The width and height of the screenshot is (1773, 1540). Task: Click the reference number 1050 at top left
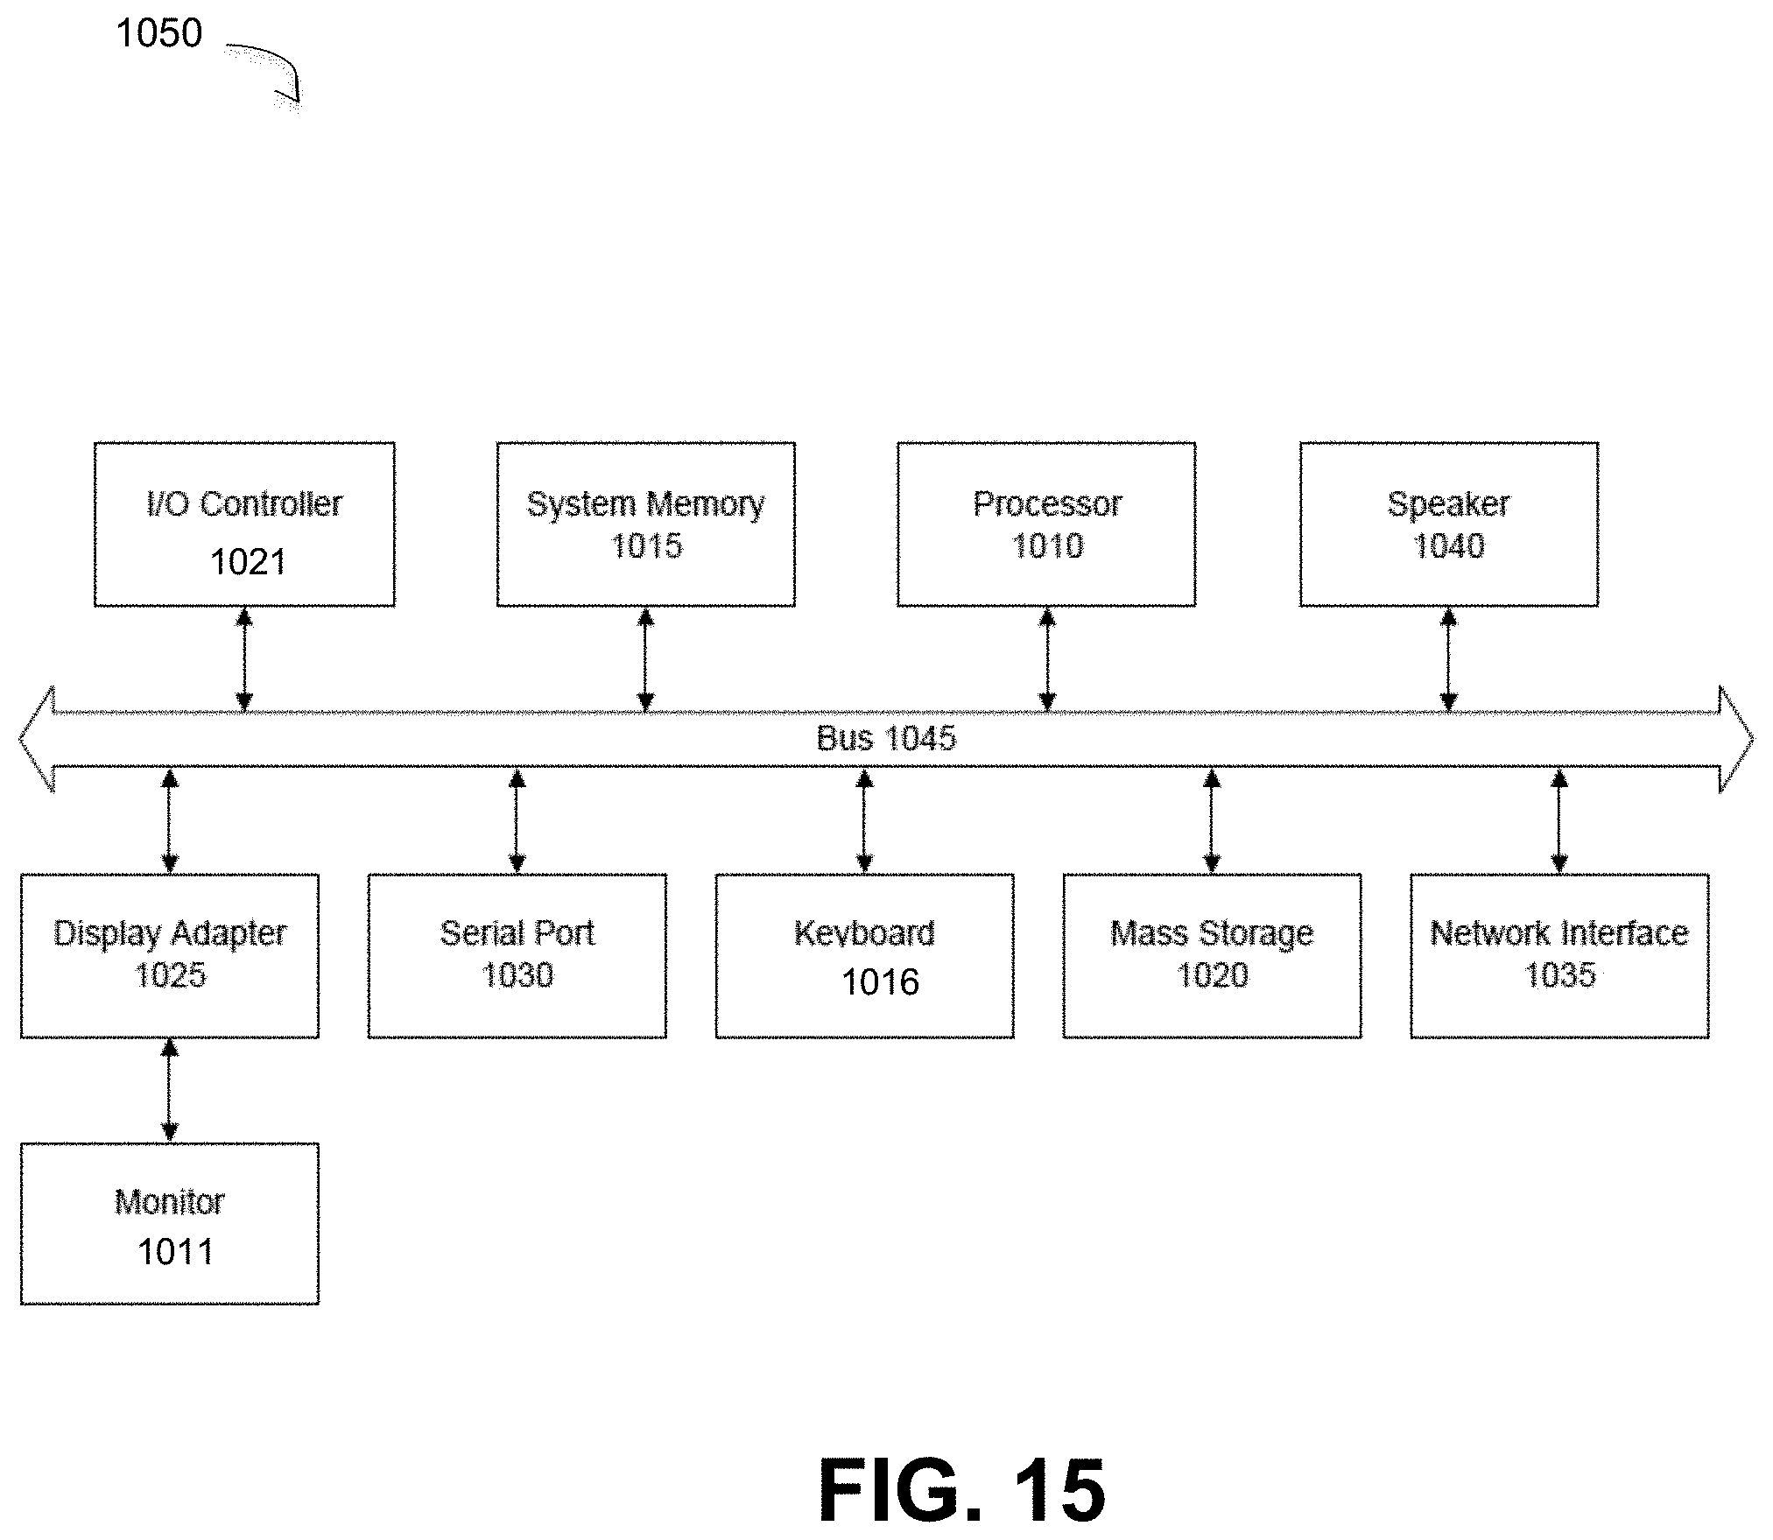click(x=158, y=33)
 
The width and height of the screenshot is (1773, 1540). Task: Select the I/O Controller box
click(x=244, y=524)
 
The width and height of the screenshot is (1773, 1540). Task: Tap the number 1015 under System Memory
click(x=646, y=546)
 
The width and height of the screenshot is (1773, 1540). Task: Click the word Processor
click(x=1047, y=503)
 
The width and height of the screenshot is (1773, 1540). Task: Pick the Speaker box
click(x=1448, y=524)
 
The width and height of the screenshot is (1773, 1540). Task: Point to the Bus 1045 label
click(x=886, y=739)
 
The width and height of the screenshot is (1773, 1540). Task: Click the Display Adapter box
click(x=170, y=955)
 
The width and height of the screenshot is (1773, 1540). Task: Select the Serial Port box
click(x=517, y=955)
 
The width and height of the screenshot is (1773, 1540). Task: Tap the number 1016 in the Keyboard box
click(x=880, y=982)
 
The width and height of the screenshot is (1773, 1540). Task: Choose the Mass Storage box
click(x=1212, y=955)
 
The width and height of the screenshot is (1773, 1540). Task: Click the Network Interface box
click(x=1559, y=955)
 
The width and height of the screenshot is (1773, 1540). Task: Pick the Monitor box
click(x=170, y=1224)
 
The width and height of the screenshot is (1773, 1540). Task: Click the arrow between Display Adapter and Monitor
click(x=170, y=1090)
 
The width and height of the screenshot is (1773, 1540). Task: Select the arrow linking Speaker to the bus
click(x=1448, y=659)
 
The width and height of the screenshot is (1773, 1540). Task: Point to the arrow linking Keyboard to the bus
click(x=864, y=820)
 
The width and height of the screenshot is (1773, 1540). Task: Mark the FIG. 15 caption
click(x=961, y=1491)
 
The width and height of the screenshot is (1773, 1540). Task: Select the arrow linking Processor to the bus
click(x=1047, y=659)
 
